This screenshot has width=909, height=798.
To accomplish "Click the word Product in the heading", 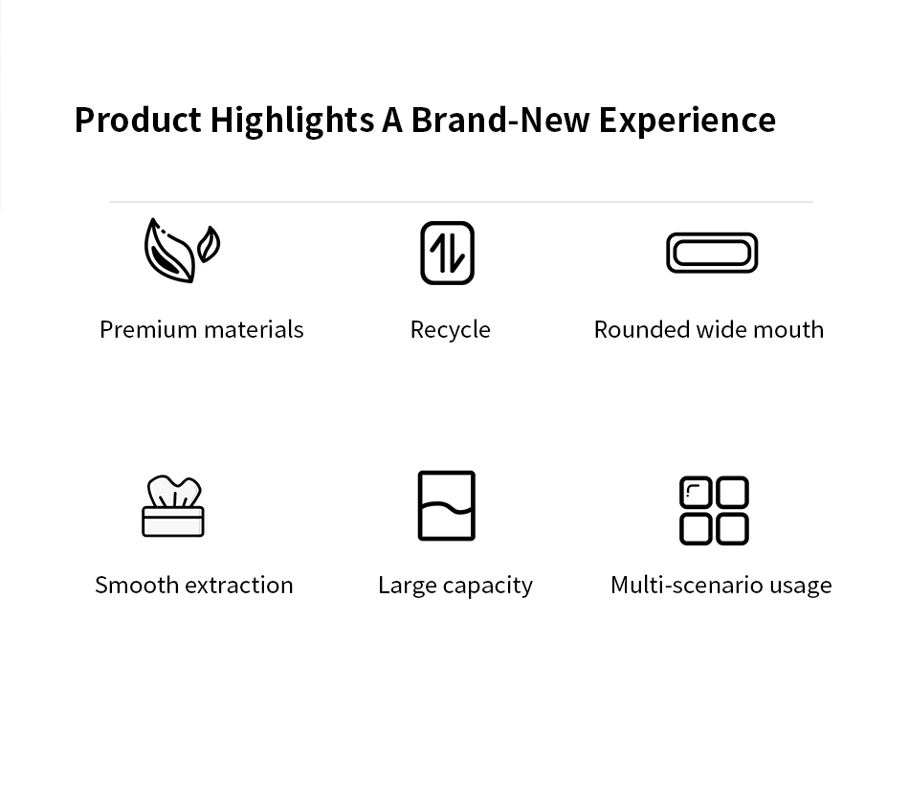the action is click(138, 120).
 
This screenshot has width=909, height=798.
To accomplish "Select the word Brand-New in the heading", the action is click(500, 120).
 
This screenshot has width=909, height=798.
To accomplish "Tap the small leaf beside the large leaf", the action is click(209, 243).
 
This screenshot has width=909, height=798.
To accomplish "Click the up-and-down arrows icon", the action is click(448, 253).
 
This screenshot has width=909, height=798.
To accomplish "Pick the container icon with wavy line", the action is click(447, 505).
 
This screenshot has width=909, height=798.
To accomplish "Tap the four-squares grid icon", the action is click(714, 511).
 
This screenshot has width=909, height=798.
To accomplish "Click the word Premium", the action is click(148, 330).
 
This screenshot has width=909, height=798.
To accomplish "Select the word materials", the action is click(254, 330).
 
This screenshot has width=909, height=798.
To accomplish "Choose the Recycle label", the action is click(451, 330).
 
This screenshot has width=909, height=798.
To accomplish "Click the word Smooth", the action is click(137, 586).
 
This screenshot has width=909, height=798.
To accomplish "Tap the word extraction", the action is click(239, 586).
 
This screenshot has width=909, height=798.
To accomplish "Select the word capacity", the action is click(488, 587).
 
